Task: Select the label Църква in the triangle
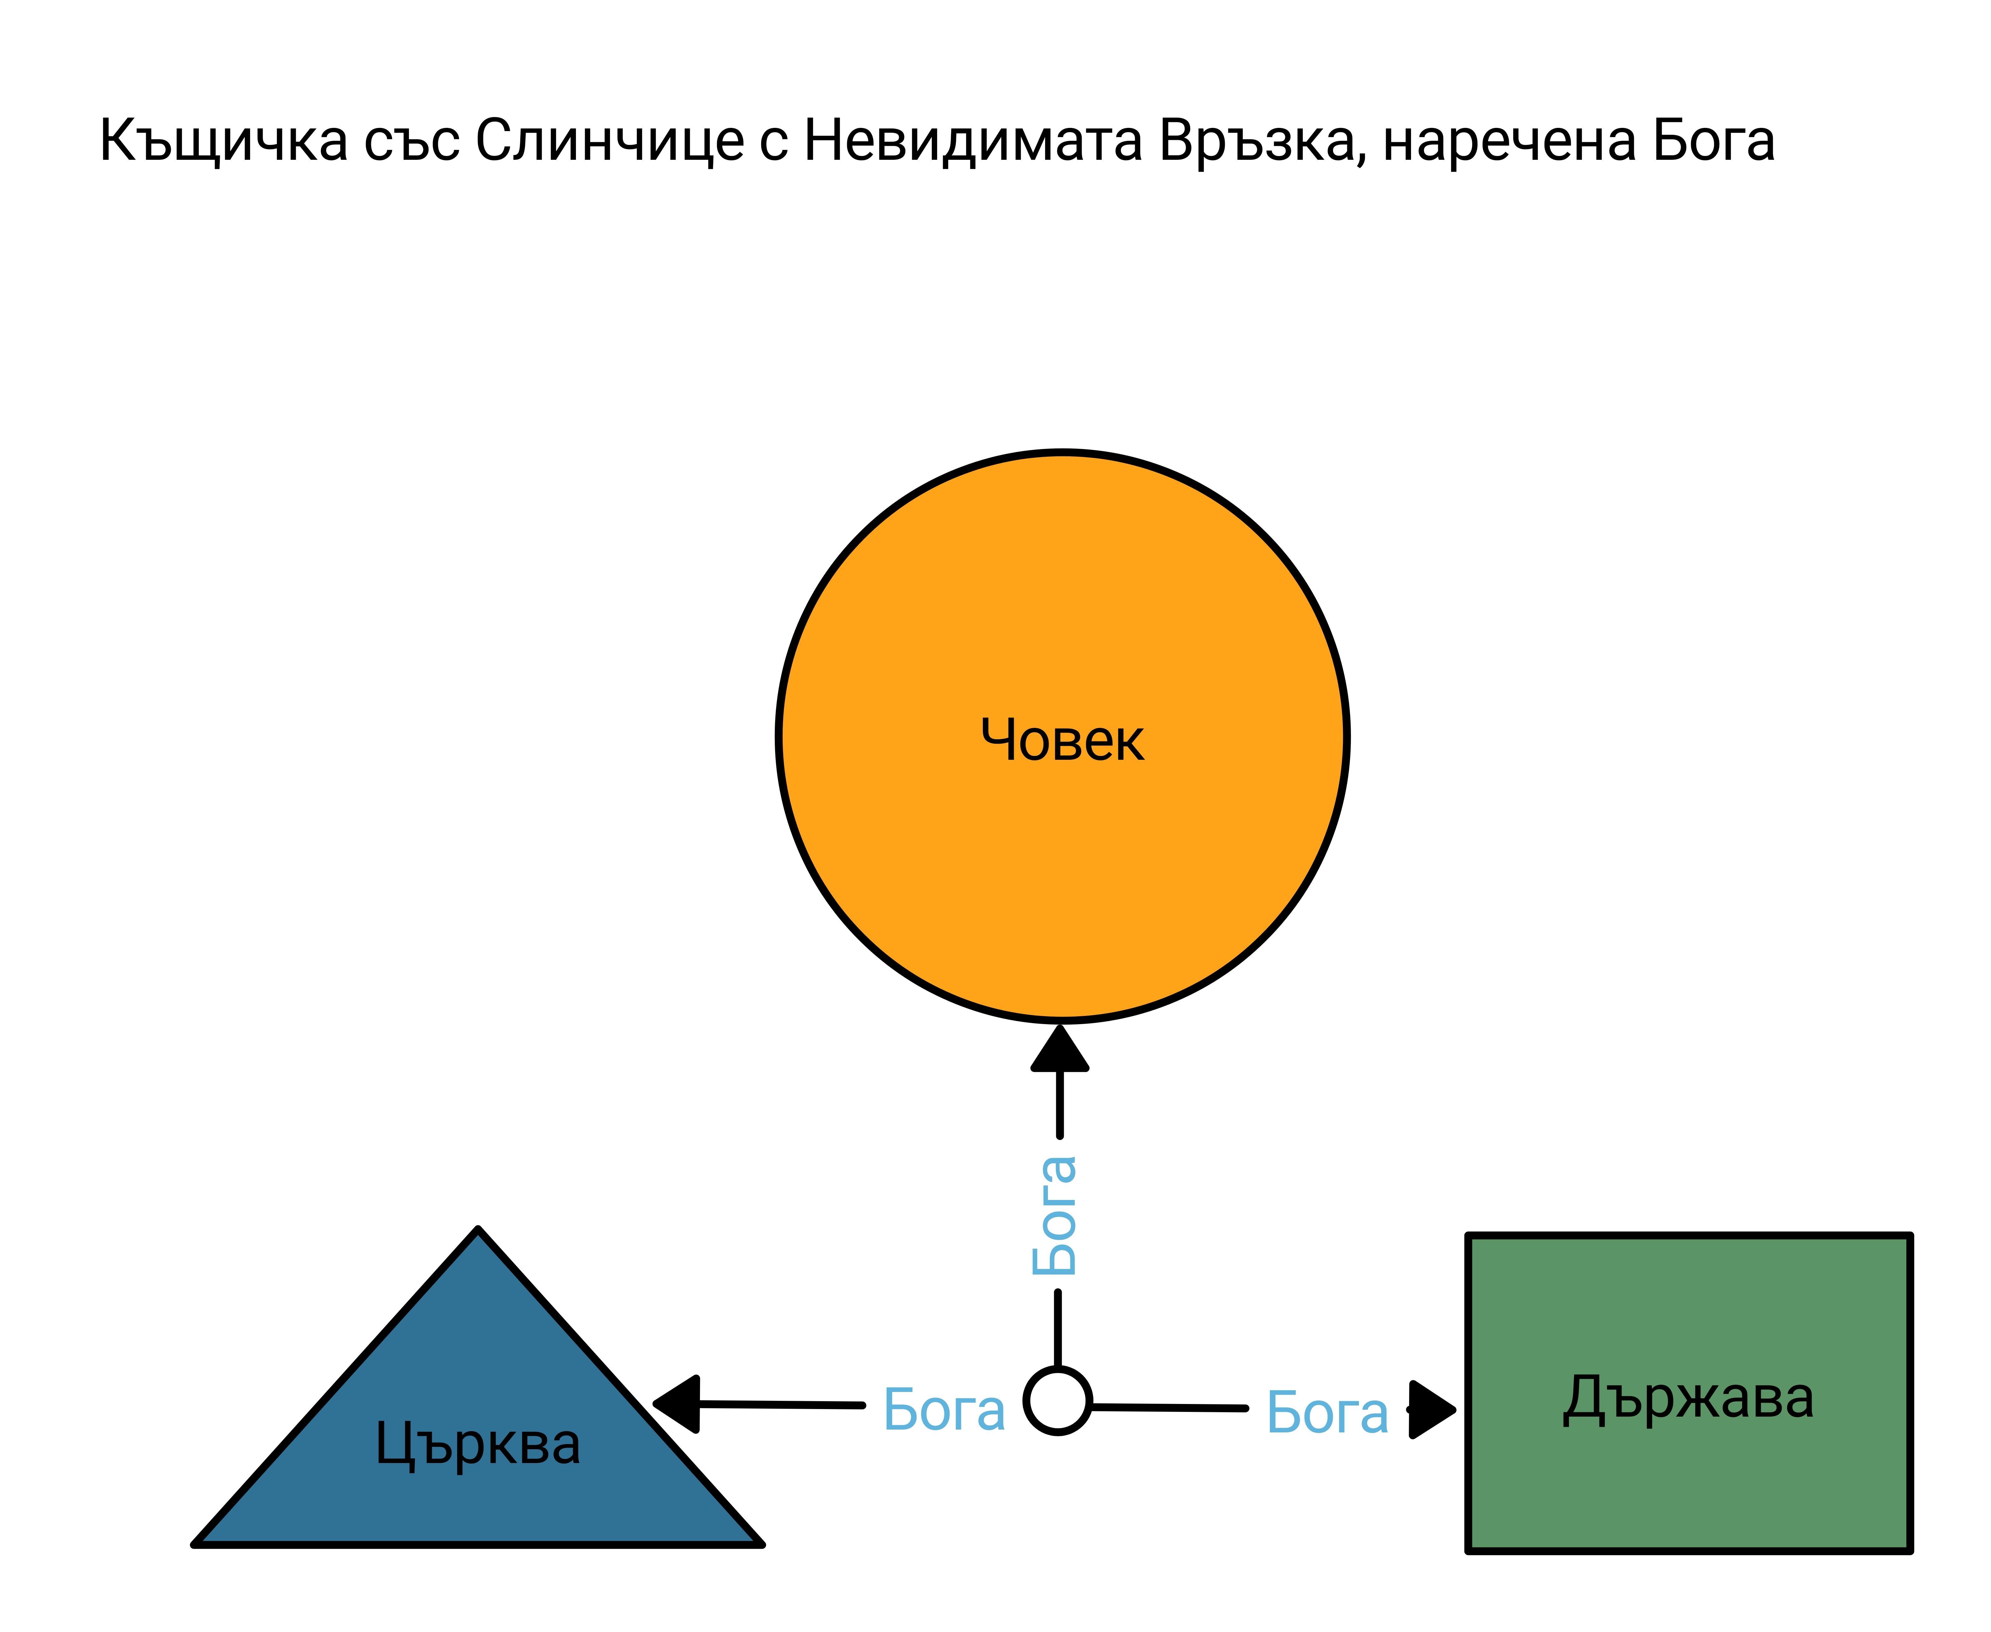(477, 1444)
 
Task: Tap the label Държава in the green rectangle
(1688, 1399)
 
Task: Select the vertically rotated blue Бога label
(1055, 1215)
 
